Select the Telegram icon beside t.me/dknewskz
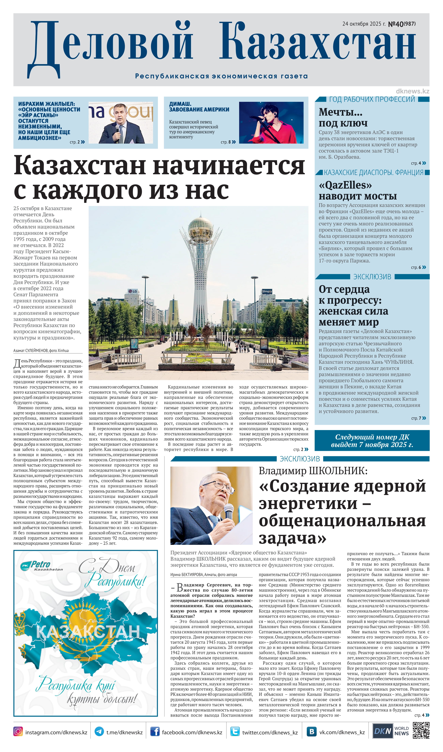click(x=99, y=731)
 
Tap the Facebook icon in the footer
click(x=155, y=731)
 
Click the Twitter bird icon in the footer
click(x=235, y=731)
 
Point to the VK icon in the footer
click(x=312, y=731)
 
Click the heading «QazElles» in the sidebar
click(x=345, y=185)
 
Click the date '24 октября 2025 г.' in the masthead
click(x=364, y=24)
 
